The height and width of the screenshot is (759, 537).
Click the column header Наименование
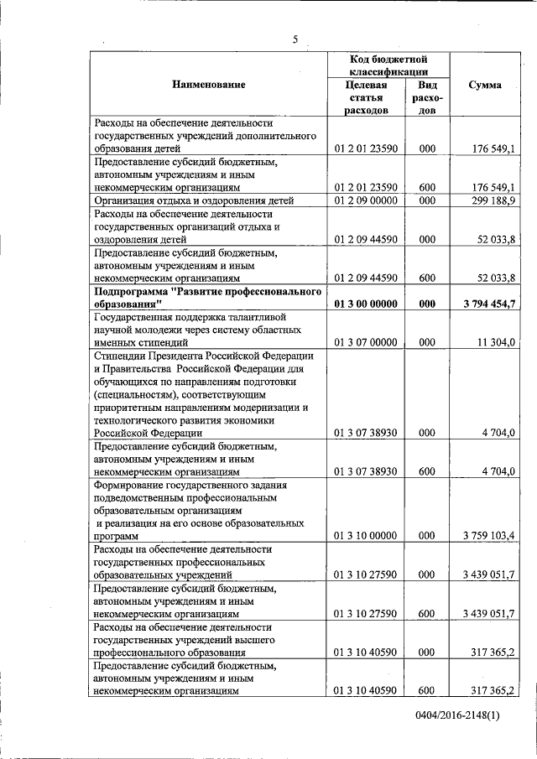[209, 85]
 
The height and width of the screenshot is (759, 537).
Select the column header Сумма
[486, 85]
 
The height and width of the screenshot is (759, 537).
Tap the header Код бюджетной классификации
[388, 66]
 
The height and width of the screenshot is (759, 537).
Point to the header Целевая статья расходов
[365, 97]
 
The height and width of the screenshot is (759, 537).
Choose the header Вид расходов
[427, 97]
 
